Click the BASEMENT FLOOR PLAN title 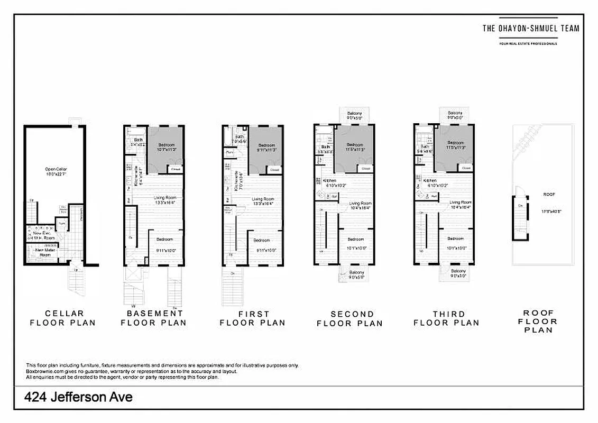coord(154,318)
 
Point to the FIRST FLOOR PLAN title coord(253,318)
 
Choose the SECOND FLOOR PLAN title coord(349,318)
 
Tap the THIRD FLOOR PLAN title coord(447,318)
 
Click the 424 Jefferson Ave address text coord(78,397)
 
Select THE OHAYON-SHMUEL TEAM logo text coord(530,29)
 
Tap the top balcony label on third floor coord(455,113)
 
